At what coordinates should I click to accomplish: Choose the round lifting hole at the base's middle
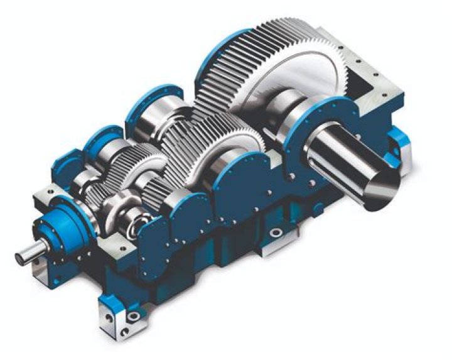click(x=274, y=233)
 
